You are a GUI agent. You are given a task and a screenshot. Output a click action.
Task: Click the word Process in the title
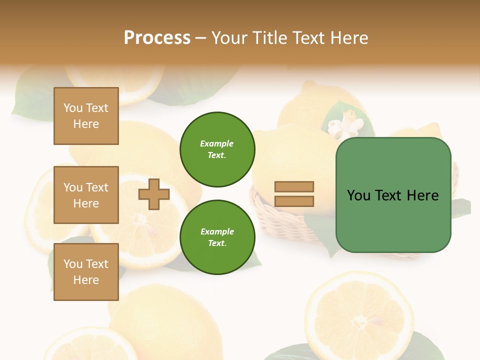coord(157,38)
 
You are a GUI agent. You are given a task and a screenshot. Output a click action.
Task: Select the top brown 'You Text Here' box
coord(86,116)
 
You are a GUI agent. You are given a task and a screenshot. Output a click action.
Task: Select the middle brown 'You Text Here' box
coord(86,195)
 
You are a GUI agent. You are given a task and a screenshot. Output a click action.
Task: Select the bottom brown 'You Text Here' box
coord(86,271)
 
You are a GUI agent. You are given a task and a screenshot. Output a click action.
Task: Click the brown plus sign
coord(154,194)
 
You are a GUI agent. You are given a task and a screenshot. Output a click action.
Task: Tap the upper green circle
coord(217,149)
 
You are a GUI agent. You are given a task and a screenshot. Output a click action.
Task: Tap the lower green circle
coord(217,237)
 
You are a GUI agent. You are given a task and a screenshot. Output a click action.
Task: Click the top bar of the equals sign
coord(294,187)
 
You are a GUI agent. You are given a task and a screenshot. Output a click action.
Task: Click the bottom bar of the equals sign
coord(294,201)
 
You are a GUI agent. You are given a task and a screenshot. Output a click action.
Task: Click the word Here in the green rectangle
coord(422,195)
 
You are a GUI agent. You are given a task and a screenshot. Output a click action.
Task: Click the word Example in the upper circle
coord(216,143)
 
